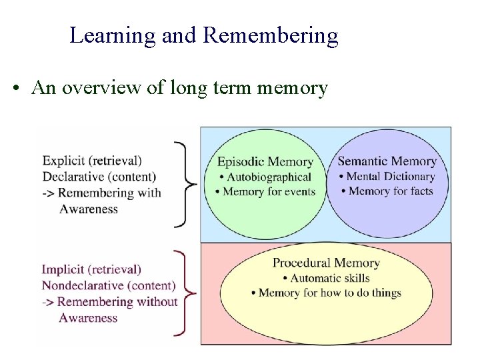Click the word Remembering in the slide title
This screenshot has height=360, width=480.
click(271, 36)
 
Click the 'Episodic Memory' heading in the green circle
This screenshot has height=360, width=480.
click(265, 162)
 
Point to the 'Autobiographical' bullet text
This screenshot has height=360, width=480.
click(268, 177)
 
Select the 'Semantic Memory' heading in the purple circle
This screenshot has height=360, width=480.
click(387, 161)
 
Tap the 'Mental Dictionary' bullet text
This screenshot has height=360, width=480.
click(390, 177)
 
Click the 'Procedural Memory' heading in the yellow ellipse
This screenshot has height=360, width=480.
click(325, 263)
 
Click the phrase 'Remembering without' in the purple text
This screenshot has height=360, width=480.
click(118, 302)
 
